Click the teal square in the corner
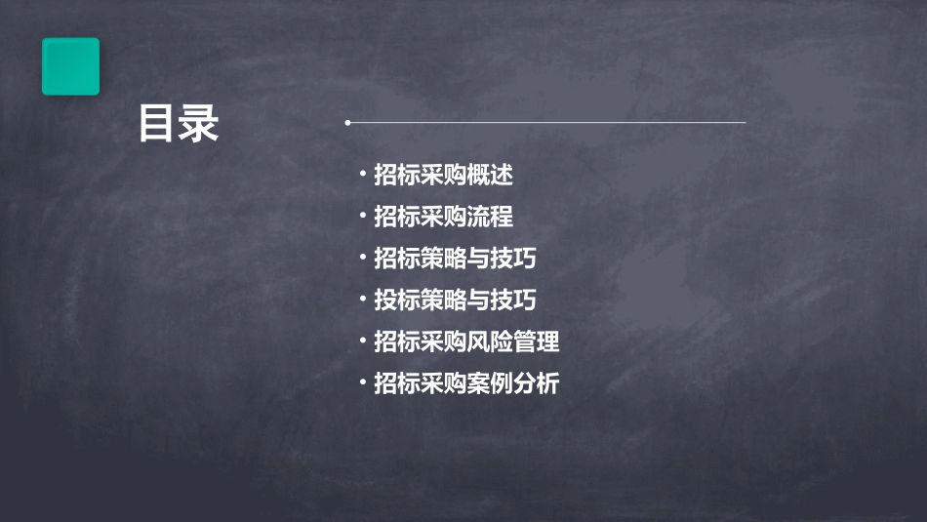coord(70,66)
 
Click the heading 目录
coord(179,125)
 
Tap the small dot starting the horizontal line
coord(347,123)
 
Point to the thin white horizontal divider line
coord(546,123)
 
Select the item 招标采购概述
coord(443,176)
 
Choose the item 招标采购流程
coord(443,217)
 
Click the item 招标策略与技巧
coord(455,259)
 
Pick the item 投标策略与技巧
coord(455,301)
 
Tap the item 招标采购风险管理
coord(466,342)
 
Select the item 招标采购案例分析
coord(466,384)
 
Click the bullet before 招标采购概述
coord(362,176)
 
